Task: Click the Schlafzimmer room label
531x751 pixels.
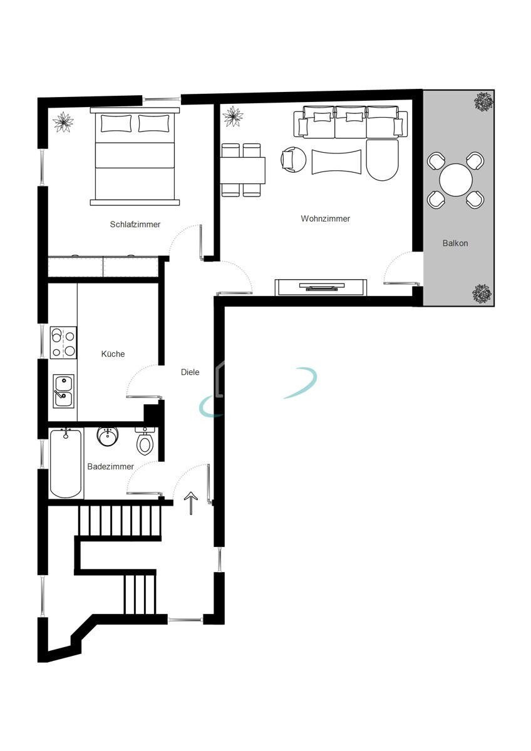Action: (135, 224)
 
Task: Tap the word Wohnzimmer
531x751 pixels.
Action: (325, 218)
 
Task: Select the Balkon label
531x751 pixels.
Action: (455, 243)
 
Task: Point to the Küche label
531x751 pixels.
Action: (113, 354)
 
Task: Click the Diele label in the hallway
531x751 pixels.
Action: (190, 372)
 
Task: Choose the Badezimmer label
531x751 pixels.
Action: (110, 466)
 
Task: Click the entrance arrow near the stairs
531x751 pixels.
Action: (191, 503)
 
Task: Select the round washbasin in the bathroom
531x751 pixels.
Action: (108, 436)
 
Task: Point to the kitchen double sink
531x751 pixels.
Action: (63, 391)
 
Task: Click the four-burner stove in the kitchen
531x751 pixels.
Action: (63, 342)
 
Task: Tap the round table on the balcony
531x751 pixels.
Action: (455, 180)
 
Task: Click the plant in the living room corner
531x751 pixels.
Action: (233, 116)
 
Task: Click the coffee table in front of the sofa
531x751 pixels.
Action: (336, 161)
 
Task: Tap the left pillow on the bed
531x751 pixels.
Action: (116, 123)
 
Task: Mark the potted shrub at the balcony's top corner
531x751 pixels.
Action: (483, 101)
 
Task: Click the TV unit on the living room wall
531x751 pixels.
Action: (321, 287)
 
